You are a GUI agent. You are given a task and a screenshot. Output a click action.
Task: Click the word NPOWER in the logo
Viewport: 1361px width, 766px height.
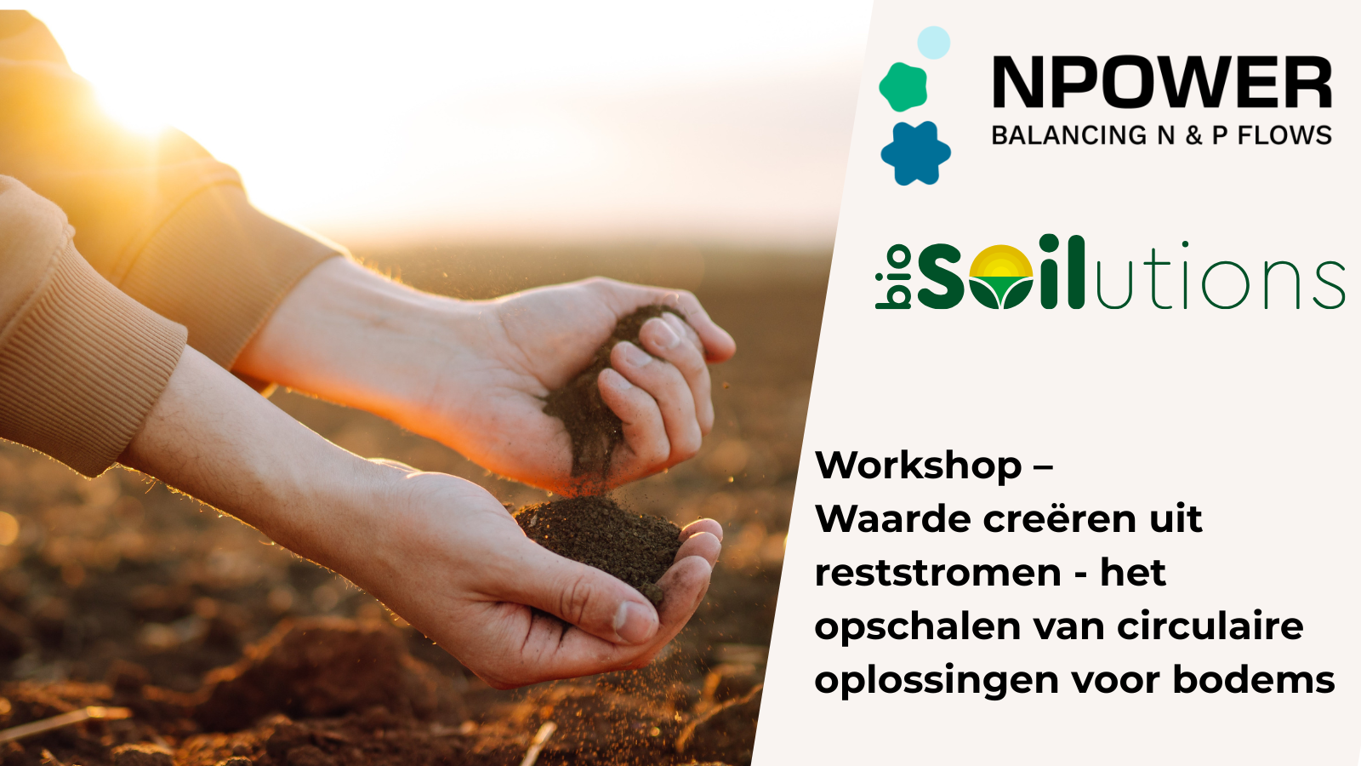click(1162, 82)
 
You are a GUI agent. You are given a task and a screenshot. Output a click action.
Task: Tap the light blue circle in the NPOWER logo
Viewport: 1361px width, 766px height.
click(933, 43)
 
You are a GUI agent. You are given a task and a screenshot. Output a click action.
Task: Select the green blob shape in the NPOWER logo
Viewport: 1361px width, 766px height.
click(903, 87)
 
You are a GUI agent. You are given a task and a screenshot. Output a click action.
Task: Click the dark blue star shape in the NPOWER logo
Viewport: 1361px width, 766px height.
click(915, 153)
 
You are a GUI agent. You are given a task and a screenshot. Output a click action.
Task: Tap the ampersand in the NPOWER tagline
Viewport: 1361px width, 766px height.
click(1194, 135)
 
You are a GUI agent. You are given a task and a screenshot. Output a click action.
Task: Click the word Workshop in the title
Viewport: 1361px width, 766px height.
click(918, 466)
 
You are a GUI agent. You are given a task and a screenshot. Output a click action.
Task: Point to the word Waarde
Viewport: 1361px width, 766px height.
click(892, 518)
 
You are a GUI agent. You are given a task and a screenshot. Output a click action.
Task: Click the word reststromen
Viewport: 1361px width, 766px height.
click(938, 573)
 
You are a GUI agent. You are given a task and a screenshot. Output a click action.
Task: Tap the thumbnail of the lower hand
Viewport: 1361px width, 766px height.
click(635, 621)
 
